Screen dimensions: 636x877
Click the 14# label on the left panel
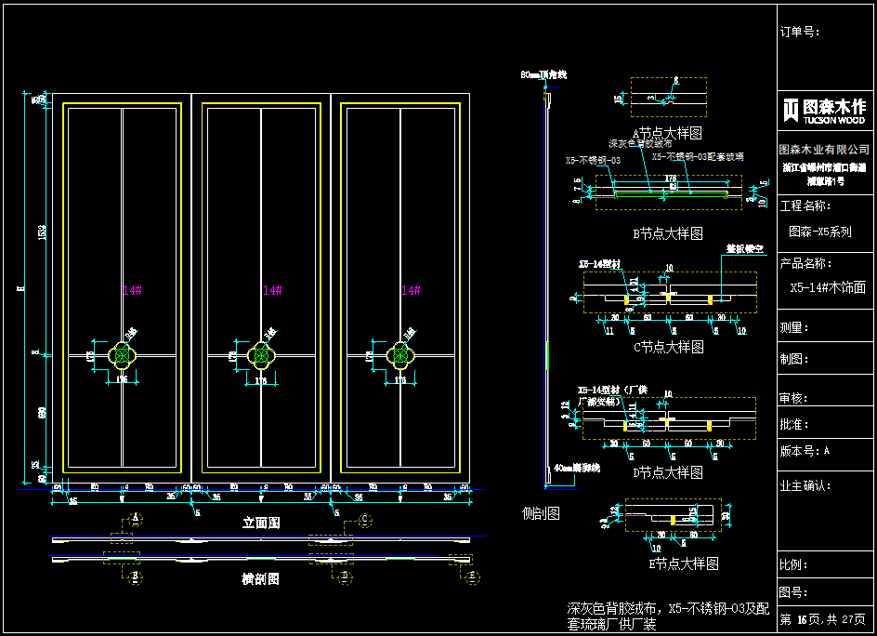[x=132, y=291]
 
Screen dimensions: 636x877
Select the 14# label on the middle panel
[x=271, y=291]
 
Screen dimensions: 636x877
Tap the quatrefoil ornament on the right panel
[x=401, y=354]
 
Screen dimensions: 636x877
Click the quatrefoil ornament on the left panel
[x=123, y=354]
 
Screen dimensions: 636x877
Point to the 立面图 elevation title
[x=261, y=523]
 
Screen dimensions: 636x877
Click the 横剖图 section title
[x=261, y=578]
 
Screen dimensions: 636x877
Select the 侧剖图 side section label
[x=542, y=513]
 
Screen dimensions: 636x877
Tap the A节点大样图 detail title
[x=667, y=134]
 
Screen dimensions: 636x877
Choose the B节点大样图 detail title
[x=667, y=233]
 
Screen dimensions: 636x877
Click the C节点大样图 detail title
[x=668, y=347]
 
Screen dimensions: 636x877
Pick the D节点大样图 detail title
[x=667, y=472]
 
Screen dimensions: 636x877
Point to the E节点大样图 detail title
[x=684, y=563]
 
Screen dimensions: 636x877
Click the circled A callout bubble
[x=136, y=517]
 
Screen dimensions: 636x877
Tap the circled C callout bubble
[x=364, y=519]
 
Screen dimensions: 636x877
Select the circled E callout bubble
[x=473, y=578]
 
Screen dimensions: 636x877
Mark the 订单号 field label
[x=800, y=32]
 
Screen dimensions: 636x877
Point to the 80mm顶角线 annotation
[x=543, y=73]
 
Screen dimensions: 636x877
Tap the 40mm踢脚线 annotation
[x=577, y=468]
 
